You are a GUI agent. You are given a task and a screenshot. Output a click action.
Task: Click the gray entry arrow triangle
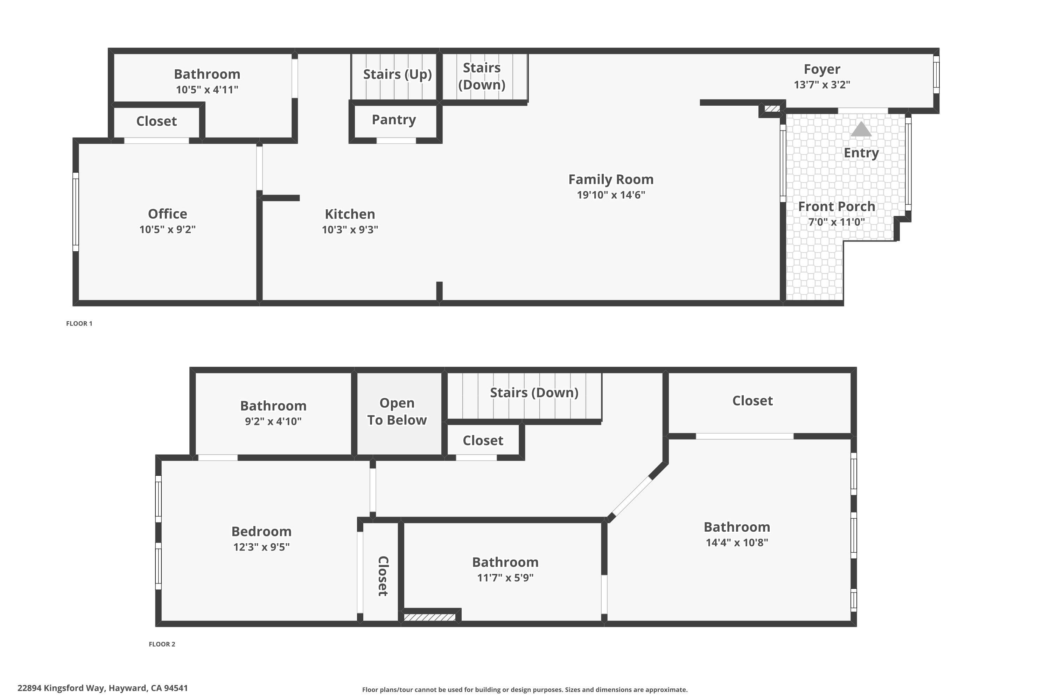(x=861, y=129)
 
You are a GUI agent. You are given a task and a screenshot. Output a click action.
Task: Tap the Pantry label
(x=394, y=120)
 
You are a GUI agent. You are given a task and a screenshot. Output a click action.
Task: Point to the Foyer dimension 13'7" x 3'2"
(x=822, y=84)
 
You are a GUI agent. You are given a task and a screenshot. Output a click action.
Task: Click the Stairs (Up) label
(x=397, y=74)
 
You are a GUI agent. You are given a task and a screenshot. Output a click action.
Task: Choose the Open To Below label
(x=397, y=411)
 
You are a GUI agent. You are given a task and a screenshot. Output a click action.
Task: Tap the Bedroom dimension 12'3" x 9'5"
(x=261, y=547)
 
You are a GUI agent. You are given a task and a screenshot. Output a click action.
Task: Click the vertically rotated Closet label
(x=383, y=576)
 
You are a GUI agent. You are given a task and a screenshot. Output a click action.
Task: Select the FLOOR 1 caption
(x=79, y=324)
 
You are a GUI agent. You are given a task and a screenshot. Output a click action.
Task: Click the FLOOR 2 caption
(x=162, y=644)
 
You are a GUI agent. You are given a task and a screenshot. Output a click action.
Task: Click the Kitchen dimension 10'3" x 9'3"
(x=350, y=230)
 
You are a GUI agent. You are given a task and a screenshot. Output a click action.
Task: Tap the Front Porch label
(x=836, y=207)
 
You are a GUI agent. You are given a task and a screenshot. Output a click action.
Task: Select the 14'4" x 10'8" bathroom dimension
(x=737, y=542)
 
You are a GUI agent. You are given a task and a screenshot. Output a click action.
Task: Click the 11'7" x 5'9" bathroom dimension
(x=505, y=578)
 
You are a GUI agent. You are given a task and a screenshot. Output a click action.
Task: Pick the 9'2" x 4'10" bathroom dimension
(x=273, y=421)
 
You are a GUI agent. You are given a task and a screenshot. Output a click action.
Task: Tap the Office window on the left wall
(x=76, y=212)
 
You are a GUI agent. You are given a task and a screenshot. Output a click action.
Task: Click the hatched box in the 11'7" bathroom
(x=429, y=617)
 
